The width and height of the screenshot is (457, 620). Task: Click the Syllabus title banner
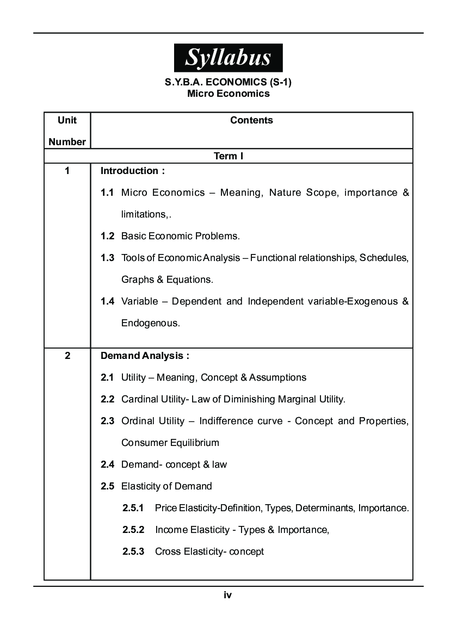(x=228, y=58)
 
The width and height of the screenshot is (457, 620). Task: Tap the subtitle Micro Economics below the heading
(x=228, y=94)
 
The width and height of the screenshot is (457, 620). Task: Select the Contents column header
(x=251, y=120)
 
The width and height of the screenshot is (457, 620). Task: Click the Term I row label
(x=228, y=156)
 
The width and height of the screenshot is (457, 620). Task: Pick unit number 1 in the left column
(x=67, y=171)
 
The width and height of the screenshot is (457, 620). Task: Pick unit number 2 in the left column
(x=67, y=356)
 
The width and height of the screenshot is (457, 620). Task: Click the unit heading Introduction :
(x=133, y=171)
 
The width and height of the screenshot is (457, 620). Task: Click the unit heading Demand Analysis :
(x=145, y=356)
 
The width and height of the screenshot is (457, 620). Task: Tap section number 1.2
(x=107, y=236)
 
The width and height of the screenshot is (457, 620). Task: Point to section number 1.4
(x=107, y=301)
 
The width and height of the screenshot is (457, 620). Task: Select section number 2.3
(x=107, y=421)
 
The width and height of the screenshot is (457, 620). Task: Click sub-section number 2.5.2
(x=133, y=530)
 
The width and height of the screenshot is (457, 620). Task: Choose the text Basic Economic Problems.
(x=180, y=236)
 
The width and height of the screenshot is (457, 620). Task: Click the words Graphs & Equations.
(x=167, y=280)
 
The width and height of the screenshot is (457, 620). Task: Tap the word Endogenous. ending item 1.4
(x=150, y=323)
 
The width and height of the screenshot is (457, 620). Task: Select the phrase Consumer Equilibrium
(x=170, y=443)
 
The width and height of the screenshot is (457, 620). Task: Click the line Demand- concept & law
(x=174, y=464)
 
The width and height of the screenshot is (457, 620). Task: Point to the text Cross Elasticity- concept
(x=209, y=551)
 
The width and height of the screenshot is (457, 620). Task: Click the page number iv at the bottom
(x=228, y=595)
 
